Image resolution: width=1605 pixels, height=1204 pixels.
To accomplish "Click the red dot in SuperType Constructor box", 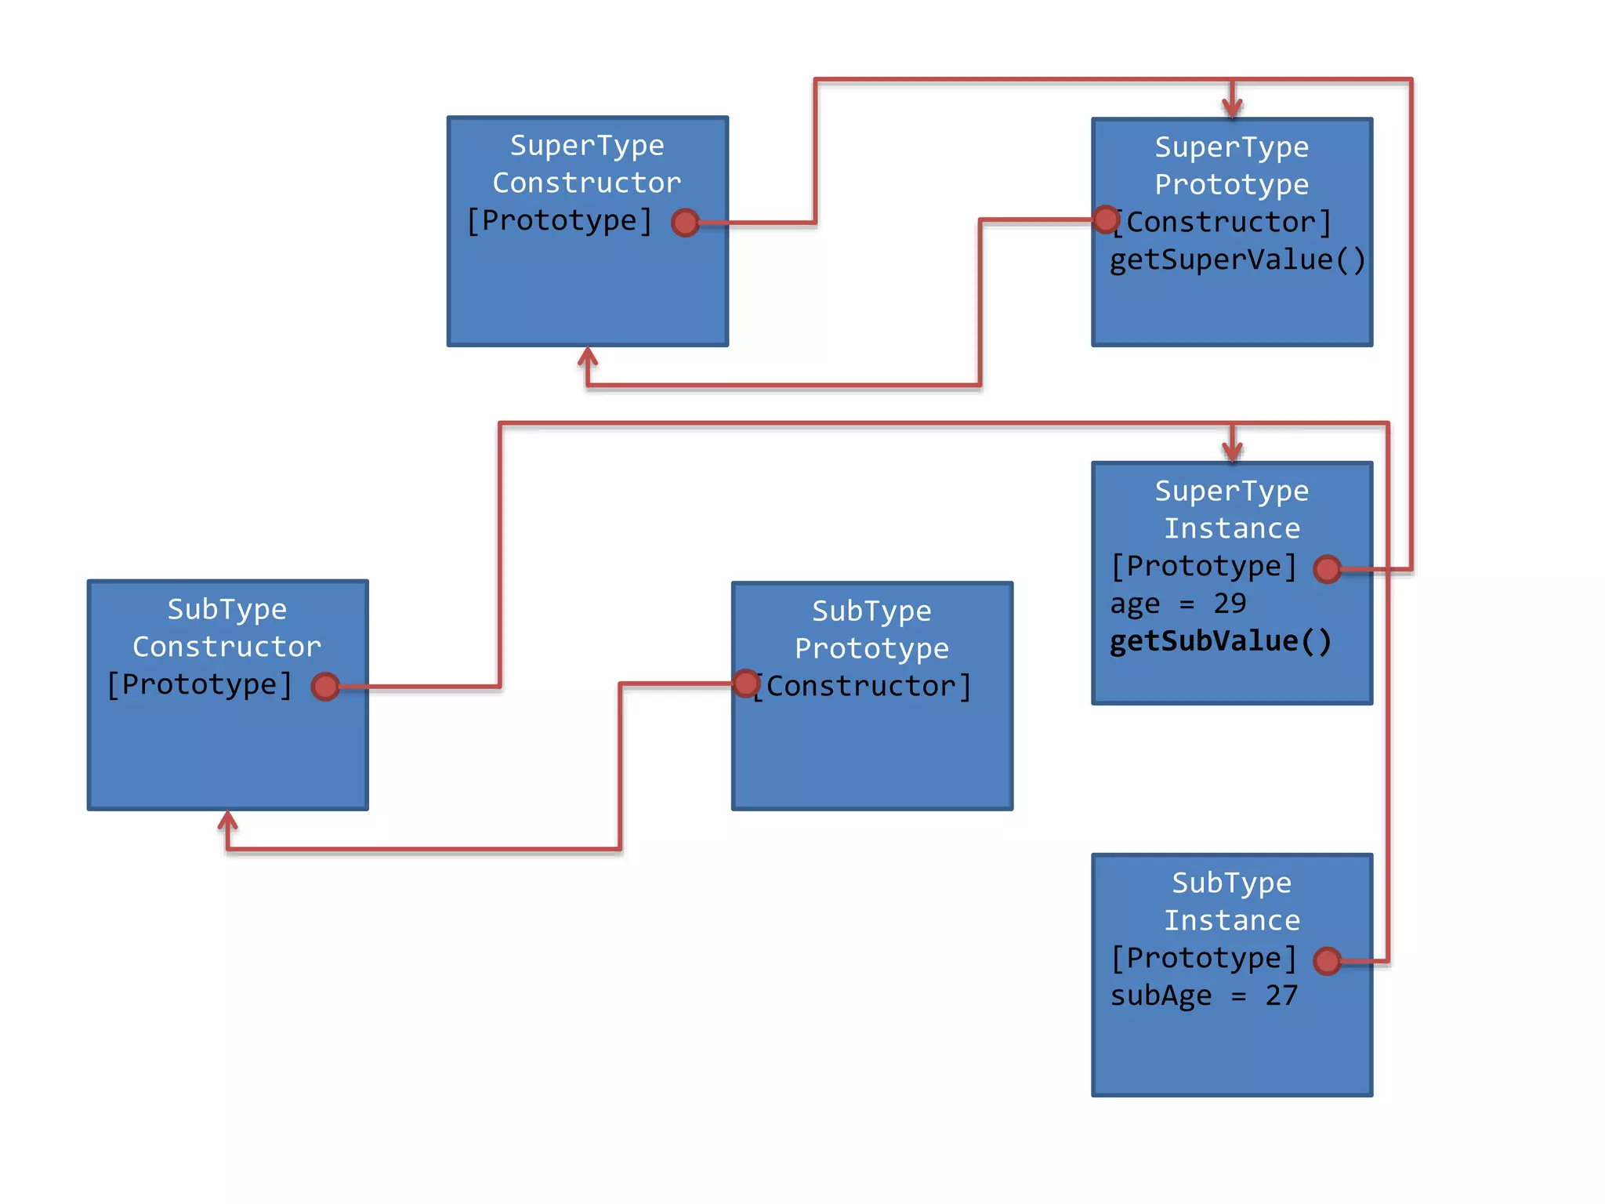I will (686, 223).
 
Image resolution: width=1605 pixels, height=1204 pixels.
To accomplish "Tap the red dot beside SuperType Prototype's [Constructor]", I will (1106, 219).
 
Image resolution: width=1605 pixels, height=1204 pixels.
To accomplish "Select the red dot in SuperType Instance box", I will (1327, 569).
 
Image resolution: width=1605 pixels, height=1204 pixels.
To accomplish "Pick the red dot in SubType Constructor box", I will (325, 687).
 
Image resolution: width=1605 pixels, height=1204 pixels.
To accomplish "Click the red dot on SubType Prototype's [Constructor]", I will (746, 684).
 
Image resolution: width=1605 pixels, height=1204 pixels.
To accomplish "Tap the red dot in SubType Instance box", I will (1327, 960).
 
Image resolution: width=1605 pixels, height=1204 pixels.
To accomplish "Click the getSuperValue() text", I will (1237, 259).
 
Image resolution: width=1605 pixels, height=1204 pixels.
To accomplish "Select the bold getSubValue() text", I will (1220, 641).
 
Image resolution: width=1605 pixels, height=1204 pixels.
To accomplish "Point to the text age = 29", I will (1177, 604).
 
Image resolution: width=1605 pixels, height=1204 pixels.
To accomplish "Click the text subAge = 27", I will (1204, 995).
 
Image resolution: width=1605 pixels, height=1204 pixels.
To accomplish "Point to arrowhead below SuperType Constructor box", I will (588, 357).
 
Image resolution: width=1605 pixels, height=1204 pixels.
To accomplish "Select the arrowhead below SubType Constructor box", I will (227, 820).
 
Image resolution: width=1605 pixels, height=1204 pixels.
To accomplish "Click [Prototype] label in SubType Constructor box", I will (200, 684).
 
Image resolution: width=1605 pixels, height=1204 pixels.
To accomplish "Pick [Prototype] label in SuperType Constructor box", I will (560, 221).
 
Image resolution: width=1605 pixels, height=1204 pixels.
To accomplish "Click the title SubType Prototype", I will (871, 629).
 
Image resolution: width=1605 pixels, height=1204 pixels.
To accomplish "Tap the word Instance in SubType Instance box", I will (1231, 920).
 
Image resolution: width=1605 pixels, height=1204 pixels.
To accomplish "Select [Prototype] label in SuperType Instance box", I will (1204, 566).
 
